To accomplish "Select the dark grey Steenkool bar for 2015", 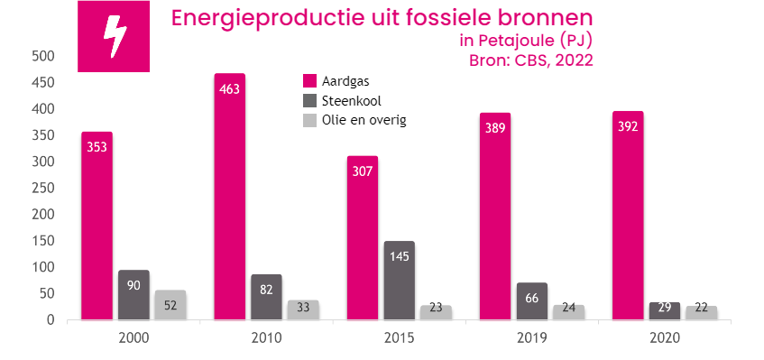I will pyautogui.click(x=400, y=281).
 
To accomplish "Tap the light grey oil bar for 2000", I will pyautogui.click(x=170, y=305).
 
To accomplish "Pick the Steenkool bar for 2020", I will pyautogui.click(x=665, y=311).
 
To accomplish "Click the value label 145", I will pyautogui.click(x=400, y=255).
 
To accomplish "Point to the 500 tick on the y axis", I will pyautogui.click(x=44, y=56).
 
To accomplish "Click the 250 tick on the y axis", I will pyautogui.click(x=44, y=188).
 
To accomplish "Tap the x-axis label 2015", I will pyautogui.click(x=399, y=338).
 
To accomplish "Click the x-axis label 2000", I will pyautogui.click(x=133, y=338).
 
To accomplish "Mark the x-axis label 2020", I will pyautogui.click(x=664, y=338).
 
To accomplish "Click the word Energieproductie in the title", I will pyautogui.click(x=248, y=19).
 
